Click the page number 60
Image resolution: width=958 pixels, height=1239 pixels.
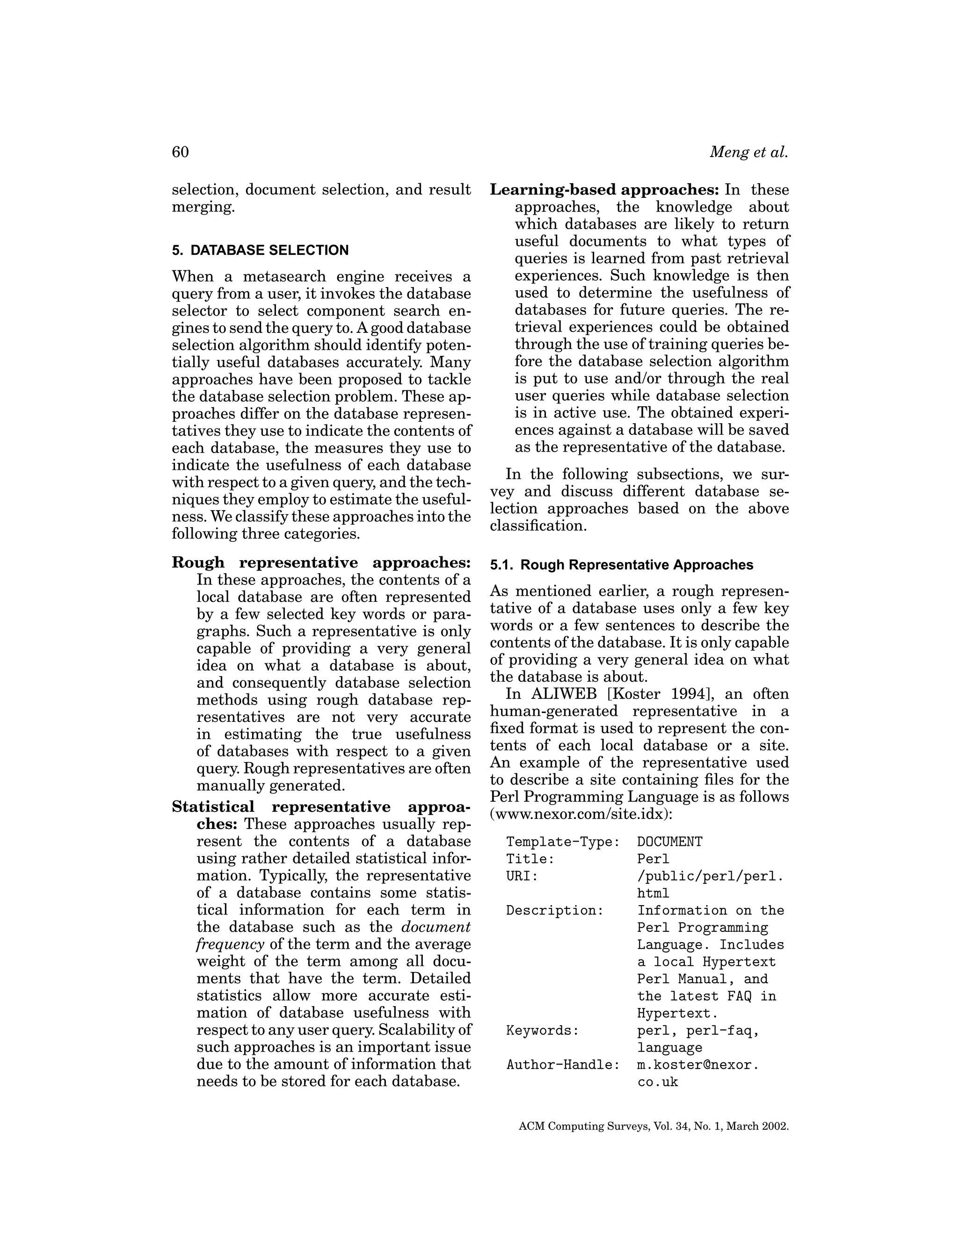point(180,152)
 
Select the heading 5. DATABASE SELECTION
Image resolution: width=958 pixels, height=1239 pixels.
point(260,250)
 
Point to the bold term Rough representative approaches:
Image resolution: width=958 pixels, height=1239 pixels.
point(321,563)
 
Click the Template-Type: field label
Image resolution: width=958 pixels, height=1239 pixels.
point(562,842)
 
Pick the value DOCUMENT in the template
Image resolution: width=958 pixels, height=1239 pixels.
point(670,842)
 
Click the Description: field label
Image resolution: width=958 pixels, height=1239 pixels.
point(554,910)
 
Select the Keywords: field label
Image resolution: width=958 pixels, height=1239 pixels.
point(542,1030)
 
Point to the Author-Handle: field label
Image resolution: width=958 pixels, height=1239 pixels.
point(562,1065)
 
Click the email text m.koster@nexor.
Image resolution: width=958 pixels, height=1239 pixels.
point(697,1065)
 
